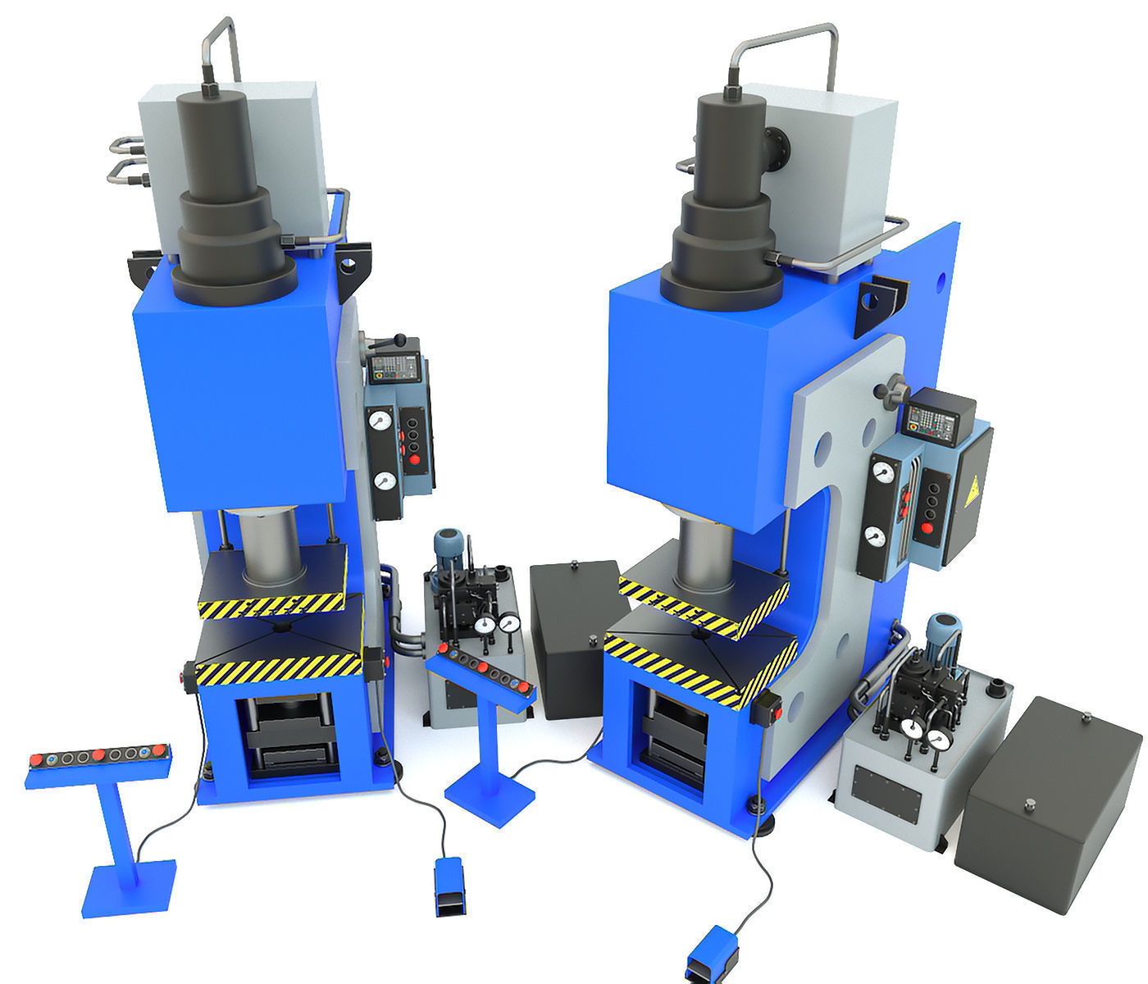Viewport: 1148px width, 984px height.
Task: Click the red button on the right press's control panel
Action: (x=929, y=526)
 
